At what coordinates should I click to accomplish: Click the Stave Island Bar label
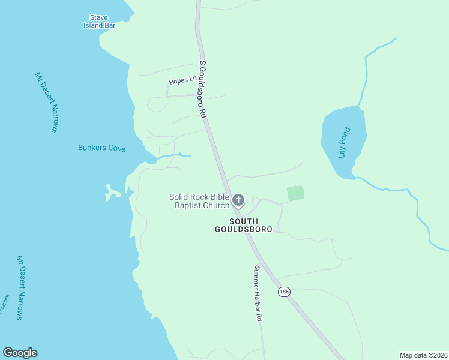click(x=99, y=22)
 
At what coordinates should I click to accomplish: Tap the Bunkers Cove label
click(x=101, y=148)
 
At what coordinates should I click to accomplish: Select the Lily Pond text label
click(x=343, y=143)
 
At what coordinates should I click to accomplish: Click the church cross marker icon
click(x=238, y=200)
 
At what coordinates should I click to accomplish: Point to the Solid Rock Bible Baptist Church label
click(x=199, y=201)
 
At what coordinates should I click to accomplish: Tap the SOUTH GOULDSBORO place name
click(x=244, y=226)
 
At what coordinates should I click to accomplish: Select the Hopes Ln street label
click(x=183, y=80)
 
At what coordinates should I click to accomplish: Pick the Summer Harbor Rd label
click(x=259, y=293)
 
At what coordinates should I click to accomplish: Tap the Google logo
click(x=20, y=353)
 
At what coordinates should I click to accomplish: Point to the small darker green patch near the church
click(x=295, y=193)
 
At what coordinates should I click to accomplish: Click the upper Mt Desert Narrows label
click(x=46, y=103)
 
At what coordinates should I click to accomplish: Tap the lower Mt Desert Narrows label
click(x=20, y=287)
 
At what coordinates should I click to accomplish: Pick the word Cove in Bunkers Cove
click(x=116, y=148)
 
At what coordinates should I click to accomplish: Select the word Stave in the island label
click(x=98, y=17)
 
